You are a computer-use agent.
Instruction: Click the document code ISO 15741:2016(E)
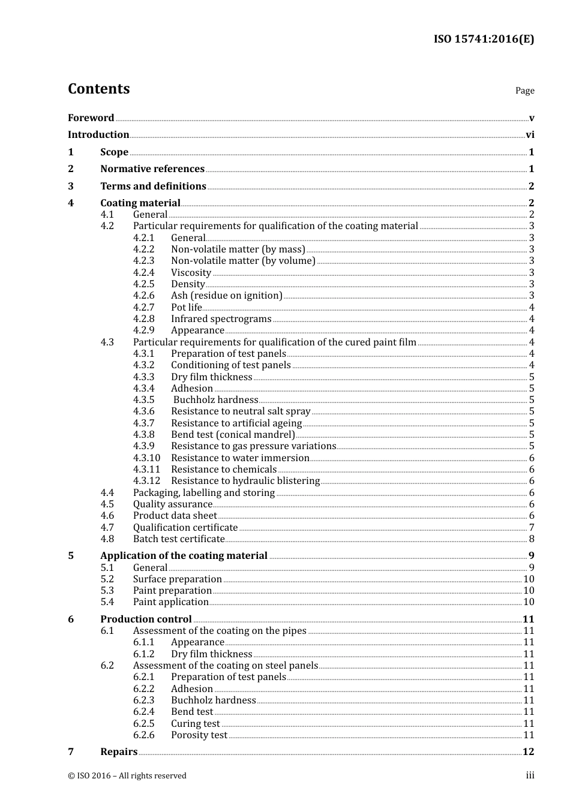click(x=484, y=39)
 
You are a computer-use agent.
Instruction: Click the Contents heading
click(x=98, y=89)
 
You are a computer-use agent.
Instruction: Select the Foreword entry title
click(x=91, y=118)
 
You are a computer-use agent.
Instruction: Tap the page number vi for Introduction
click(x=530, y=135)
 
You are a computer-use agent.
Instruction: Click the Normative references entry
click(x=152, y=169)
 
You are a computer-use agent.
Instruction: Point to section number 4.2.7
click(x=143, y=307)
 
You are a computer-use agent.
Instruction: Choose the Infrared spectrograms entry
click(x=221, y=319)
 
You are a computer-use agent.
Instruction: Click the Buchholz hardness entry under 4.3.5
click(x=215, y=400)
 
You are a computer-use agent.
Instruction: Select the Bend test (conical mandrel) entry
click(x=233, y=435)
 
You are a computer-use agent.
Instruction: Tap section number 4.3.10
click(x=146, y=458)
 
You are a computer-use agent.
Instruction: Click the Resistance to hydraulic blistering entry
click(x=245, y=481)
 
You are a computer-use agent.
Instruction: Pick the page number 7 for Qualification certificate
click(x=532, y=528)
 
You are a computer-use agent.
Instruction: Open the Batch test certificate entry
click(x=179, y=539)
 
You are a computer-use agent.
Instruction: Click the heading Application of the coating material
click(x=184, y=556)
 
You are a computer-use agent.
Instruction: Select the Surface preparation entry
click(x=178, y=579)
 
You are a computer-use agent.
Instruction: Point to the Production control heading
click(x=146, y=619)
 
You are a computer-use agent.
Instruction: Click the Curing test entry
click(x=195, y=724)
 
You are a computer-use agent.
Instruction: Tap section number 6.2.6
click(x=143, y=735)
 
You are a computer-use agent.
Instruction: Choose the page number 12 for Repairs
click(x=528, y=752)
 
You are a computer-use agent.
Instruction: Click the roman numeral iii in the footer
click(x=530, y=775)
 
